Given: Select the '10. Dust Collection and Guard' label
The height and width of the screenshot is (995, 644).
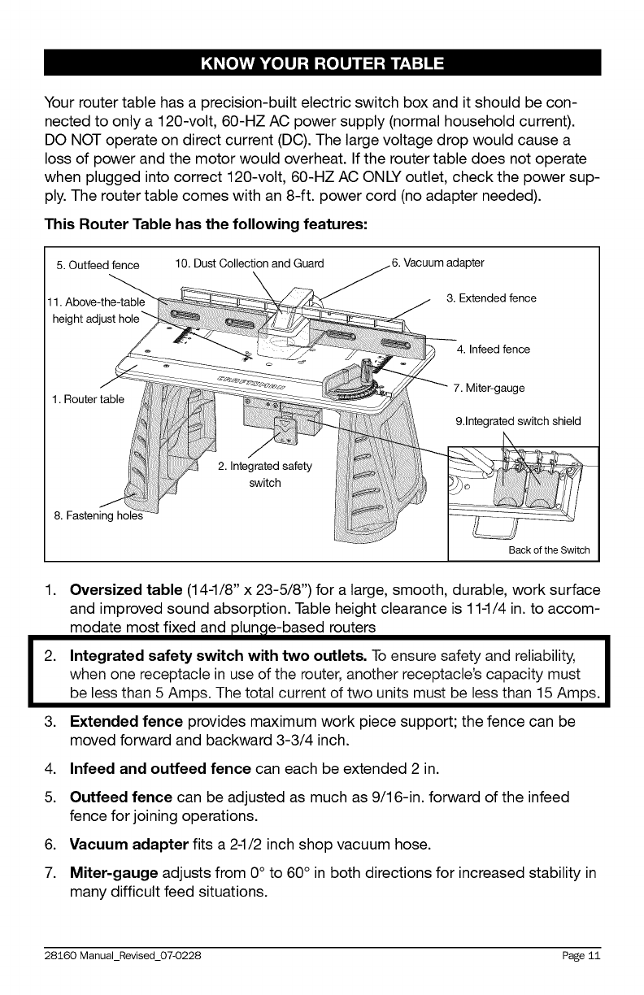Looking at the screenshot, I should pyautogui.click(x=249, y=263).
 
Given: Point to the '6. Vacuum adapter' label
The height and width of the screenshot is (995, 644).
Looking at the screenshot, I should pyautogui.click(x=437, y=263).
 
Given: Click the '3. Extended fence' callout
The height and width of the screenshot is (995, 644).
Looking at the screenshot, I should pyautogui.click(x=491, y=298).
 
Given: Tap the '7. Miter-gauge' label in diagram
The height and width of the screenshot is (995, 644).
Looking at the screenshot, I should pyautogui.click(x=489, y=387).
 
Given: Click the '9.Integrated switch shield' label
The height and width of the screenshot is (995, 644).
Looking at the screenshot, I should pyautogui.click(x=518, y=421).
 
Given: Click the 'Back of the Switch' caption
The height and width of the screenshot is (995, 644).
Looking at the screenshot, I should pyautogui.click(x=549, y=550).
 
